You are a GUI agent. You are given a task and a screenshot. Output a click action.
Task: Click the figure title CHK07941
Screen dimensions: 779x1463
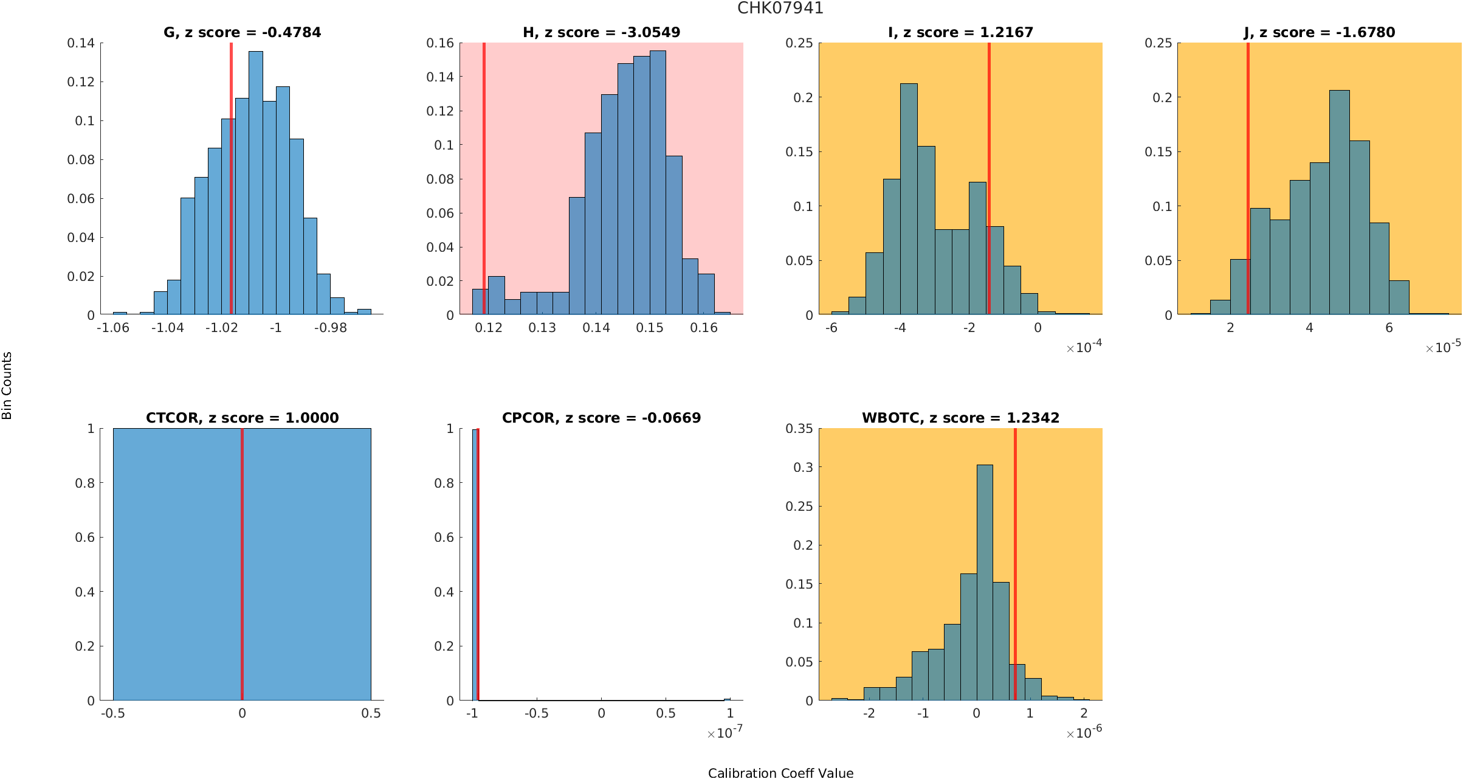(780, 9)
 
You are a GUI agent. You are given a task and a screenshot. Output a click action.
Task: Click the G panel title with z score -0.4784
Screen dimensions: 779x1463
(242, 33)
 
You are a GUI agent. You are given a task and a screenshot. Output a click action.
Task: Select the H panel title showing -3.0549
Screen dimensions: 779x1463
(601, 33)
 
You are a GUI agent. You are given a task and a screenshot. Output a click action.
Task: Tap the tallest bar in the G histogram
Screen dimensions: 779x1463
(256, 182)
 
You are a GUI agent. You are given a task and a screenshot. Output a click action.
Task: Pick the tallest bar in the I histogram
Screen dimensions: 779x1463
(909, 201)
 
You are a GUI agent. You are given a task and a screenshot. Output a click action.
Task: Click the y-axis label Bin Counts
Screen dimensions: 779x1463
(7, 386)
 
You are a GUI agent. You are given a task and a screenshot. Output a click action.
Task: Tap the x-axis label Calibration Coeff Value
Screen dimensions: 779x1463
(780, 773)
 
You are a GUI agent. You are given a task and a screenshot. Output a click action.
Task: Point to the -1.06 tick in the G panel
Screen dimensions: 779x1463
(113, 328)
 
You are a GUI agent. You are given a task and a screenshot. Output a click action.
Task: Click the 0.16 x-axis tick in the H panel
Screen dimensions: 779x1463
(704, 328)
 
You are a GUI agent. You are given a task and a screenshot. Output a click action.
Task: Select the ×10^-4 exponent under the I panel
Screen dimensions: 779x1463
(1084, 347)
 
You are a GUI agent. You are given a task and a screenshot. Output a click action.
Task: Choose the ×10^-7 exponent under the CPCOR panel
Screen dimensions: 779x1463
(725, 733)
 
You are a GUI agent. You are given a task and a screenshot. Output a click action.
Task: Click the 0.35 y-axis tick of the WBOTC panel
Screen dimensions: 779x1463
(799, 429)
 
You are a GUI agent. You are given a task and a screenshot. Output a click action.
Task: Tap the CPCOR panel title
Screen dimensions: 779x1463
(601, 418)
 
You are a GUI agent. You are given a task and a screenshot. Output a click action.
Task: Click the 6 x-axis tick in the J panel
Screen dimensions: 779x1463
(1389, 328)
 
